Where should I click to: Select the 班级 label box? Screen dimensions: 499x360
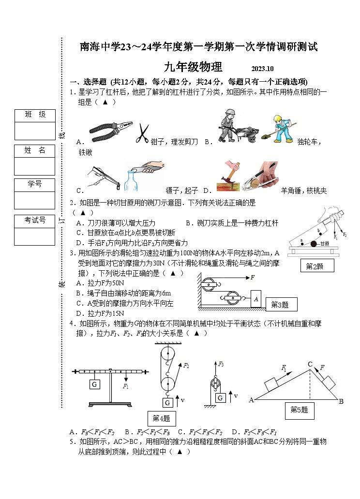(35, 115)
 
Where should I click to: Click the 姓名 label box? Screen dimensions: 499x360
(35, 150)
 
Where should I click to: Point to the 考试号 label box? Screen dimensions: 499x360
(35, 220)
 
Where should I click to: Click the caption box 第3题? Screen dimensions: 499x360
(280, 305)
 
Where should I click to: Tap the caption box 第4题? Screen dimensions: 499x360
(162, 418)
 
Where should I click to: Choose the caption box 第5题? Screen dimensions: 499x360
(299, 410)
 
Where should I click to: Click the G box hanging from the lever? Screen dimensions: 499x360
(94, 384)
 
